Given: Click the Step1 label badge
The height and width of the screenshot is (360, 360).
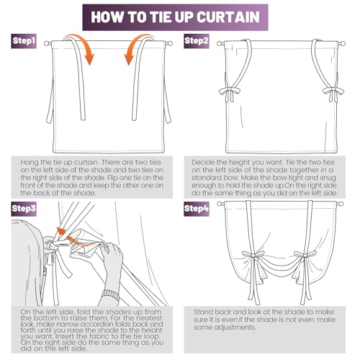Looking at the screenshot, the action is [x=24, y=41].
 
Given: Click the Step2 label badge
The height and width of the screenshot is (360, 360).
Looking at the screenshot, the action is [x=197, y=41].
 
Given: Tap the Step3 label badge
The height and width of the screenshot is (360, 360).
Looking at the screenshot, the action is [x=24, y=209].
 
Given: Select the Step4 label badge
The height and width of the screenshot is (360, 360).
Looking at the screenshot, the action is [x=197, y=209].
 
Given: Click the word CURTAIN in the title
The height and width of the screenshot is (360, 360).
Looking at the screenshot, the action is [x=228, y=17].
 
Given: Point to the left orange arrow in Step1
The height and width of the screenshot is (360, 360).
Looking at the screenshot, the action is [x=83, y=47].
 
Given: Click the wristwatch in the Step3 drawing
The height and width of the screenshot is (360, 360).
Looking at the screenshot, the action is [x=111, y=294].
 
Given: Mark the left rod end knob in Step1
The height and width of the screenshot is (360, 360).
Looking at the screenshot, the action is [x=47, y=43].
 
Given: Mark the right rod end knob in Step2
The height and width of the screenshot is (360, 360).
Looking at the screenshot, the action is [x=342, y=43].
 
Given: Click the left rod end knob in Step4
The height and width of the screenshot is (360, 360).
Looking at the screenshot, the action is [x=220, y=204].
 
